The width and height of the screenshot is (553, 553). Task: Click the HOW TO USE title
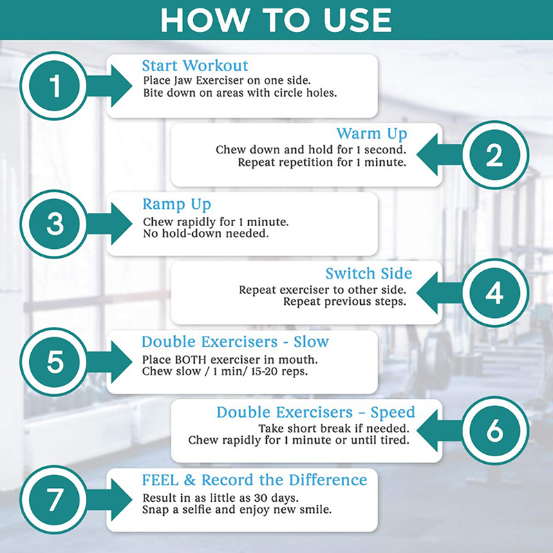click(x=276, y=20)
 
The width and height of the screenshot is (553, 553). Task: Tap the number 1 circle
click(x=55, y=86)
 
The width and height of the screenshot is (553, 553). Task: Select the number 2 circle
click(x=495, y=155)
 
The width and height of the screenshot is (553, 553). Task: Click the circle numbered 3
click(x=55, y=224)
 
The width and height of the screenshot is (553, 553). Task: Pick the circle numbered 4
click(x=495, y=292)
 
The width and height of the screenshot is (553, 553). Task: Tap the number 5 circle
click(x=55, y=362)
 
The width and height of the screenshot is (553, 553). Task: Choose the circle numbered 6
click(x=495, y=430)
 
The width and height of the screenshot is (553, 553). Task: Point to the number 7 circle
click(x=55, y=499)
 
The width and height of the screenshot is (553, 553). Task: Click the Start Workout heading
click(x=195, y=66)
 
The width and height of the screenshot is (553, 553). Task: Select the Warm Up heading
click(x=372, y=134)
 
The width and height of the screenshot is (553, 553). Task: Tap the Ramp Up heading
click(x=177, y=205)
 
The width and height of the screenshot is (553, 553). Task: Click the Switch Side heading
click(x=368, y=273)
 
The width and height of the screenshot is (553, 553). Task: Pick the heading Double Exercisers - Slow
click(x=235, y=341)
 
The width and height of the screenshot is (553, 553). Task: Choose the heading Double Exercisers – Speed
click(x=316, y=413)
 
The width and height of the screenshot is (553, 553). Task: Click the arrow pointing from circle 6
click(x=440, y=430)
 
